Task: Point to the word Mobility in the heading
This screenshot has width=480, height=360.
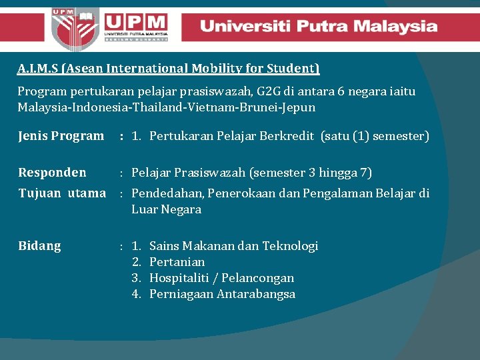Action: (x=217, y=68)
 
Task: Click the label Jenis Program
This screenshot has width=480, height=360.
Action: (x=61, y=136)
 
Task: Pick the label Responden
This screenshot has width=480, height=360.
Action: (x=52, y=173)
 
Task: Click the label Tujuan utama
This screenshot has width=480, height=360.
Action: (x=62, y=193)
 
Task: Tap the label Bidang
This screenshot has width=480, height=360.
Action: (x=39, y=246)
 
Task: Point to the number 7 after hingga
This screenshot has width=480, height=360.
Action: (x=365, y=173)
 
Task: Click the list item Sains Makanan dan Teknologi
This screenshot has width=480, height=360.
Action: (x=233, y=246)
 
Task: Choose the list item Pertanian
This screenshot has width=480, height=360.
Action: (x=177, y=262)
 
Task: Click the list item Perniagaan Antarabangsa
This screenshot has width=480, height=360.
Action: (x=222, y=294)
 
